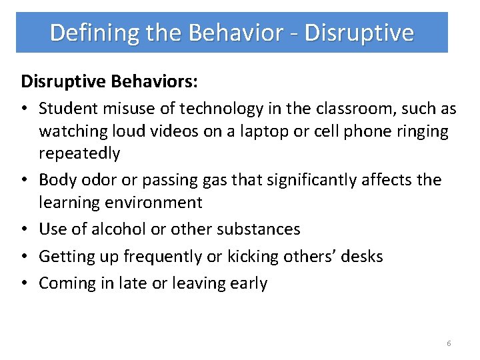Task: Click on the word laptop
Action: tap(259, 131)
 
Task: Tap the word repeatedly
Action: tap(79, 153)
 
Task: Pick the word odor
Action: tap(93, 180)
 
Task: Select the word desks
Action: tap(362, 257)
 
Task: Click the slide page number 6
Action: tap(449, 343)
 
